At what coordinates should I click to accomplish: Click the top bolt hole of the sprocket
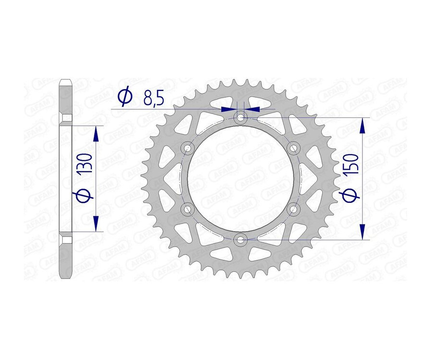tap(240, 117)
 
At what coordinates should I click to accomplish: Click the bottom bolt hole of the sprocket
tap(240, 239)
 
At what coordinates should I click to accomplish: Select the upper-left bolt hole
tap(187, 148)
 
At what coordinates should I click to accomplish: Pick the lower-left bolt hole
tap(187, 209)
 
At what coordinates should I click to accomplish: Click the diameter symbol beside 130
tap(84, 195)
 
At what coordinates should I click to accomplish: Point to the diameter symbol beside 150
tap(352, 195)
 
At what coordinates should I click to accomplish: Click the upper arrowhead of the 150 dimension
tap(364, 125)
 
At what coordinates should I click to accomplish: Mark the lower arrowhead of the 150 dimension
tap(364, 232)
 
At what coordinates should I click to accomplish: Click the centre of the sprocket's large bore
tap(240, 178)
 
